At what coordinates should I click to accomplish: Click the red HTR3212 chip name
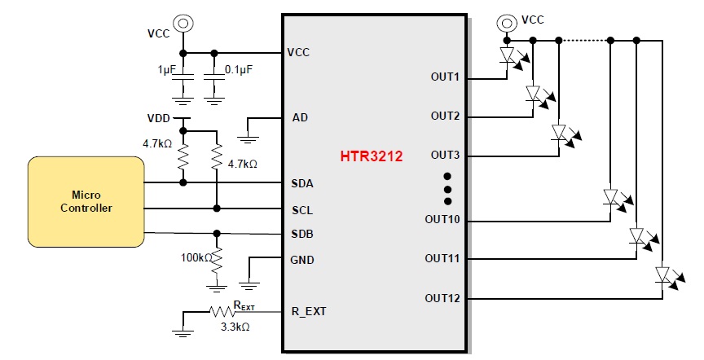pyautogui.click(x=372, y=156)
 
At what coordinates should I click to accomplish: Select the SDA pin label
pyautogui.click(x=302, y=183)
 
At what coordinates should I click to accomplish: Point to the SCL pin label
pyautogui.click(x=302, y=210)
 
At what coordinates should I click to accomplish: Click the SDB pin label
pyautogui.click(x=302, y=235)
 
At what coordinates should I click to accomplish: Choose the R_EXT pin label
pyautogui.click(x=310, y=311)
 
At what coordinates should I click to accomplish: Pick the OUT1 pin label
pyautogui.click(x=446, y=77)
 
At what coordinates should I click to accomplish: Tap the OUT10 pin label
pyautogui.click(x=442, y=219)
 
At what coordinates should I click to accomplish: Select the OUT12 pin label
pyautogui.click(x=442, y=298)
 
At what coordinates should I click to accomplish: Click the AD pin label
pyautogui.click(x=300, y=117)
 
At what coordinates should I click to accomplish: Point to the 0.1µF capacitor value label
pyautogui.click(x=238, y=69)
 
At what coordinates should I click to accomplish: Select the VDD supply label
pyautogui.click(x=160, y=117)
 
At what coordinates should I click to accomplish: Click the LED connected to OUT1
pyautogui.click(x=508, y=55)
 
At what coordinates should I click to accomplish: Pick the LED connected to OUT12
pyautogui.click(x=663, y=275)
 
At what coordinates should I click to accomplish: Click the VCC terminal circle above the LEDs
pyautogui.click(x=507, y=23)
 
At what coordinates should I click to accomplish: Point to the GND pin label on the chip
pyautogui.click(x=303, y=261)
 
